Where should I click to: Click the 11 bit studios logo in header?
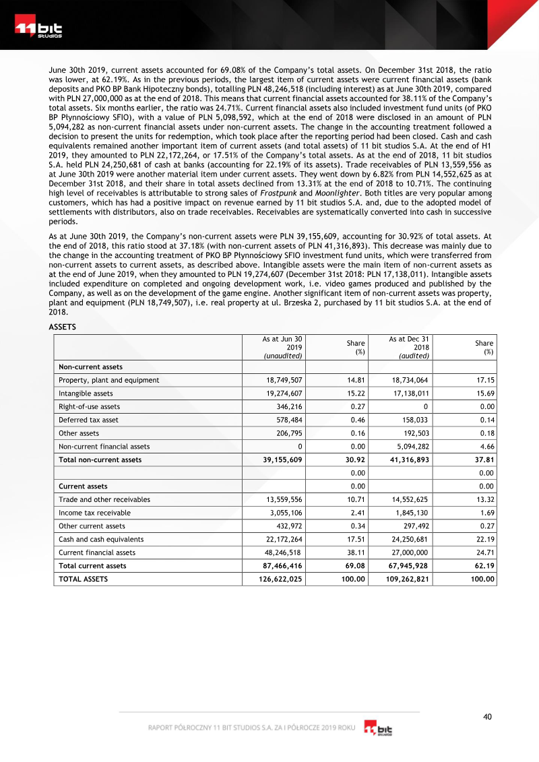[x=39, y=30]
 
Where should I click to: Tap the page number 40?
[x=488, y=716]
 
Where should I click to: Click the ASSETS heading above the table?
[x=64, y=327]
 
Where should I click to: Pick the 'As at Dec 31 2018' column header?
[x=411, y=346]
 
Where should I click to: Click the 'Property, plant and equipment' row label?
[x=109, y=380]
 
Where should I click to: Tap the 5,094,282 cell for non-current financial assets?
[x=411, y=446]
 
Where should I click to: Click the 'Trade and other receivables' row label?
[x=104, y=499]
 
